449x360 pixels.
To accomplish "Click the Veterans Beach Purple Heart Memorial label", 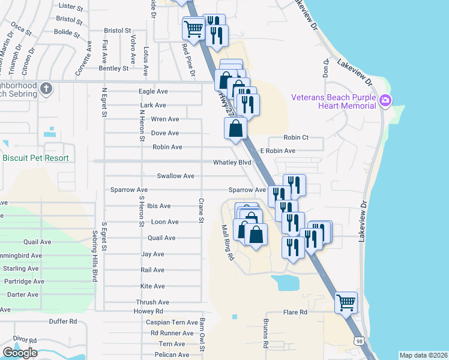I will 333,101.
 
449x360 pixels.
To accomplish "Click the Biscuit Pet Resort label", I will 44,158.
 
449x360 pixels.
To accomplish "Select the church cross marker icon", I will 46,89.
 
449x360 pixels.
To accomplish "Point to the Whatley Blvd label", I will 232,163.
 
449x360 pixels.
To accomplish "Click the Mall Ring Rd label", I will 227,242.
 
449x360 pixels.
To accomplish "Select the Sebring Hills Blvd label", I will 95,255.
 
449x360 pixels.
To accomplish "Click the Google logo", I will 20,352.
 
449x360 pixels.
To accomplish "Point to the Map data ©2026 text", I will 423,355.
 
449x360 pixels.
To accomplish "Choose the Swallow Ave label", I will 175,176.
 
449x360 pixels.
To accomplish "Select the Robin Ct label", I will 296,137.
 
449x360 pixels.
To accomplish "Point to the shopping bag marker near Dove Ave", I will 235,127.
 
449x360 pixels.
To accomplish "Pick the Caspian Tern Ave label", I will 172,322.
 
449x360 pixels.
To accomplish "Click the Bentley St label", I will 113,68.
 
